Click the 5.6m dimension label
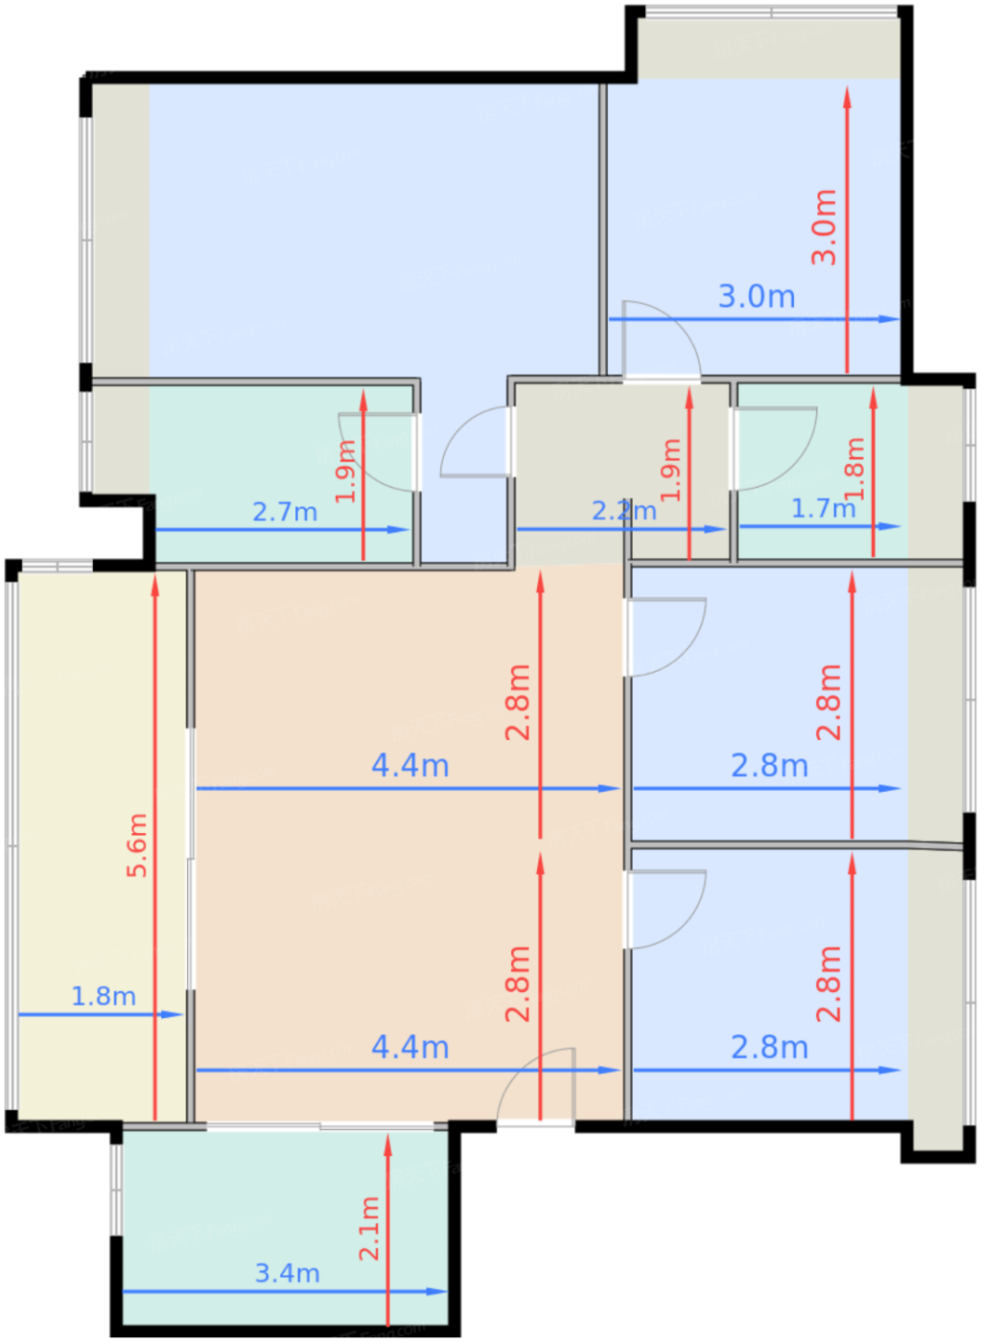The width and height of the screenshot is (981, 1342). pos(138,845)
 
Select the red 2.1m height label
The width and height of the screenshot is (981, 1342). pos(369,1228)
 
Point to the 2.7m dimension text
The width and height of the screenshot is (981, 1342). pos(285,512)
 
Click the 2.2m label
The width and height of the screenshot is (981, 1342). pos(624,511)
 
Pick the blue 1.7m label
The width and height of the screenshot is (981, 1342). pos(824,509)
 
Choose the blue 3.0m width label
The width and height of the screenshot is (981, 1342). pos(757,296)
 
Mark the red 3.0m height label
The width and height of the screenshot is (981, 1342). pos(824,227)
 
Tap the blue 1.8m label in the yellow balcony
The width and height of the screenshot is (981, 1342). pos(104,996)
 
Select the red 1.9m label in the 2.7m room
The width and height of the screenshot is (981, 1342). pos(345,471)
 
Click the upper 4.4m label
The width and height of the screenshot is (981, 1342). pos(409,766)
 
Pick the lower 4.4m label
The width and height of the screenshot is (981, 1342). pos(409,1047)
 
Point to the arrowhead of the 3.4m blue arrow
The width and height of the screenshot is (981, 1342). pos(437,1292)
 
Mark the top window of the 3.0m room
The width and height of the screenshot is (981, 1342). pos(771,11)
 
